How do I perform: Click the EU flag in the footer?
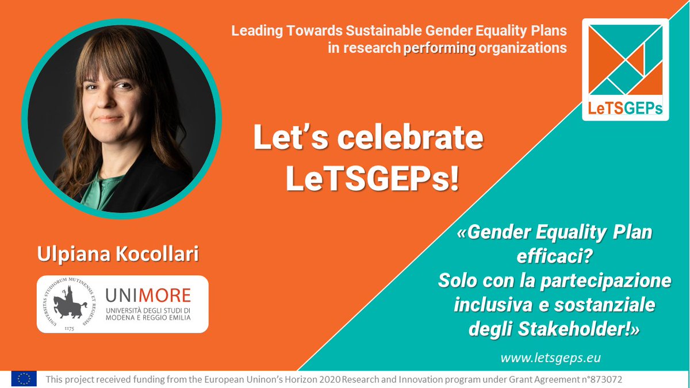pos(24,379)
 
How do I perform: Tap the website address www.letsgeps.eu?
pos(550,358)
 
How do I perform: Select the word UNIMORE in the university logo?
pos(148,295)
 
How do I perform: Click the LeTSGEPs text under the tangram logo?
pos(626,108)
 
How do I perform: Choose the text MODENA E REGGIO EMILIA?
pos(148,319)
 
